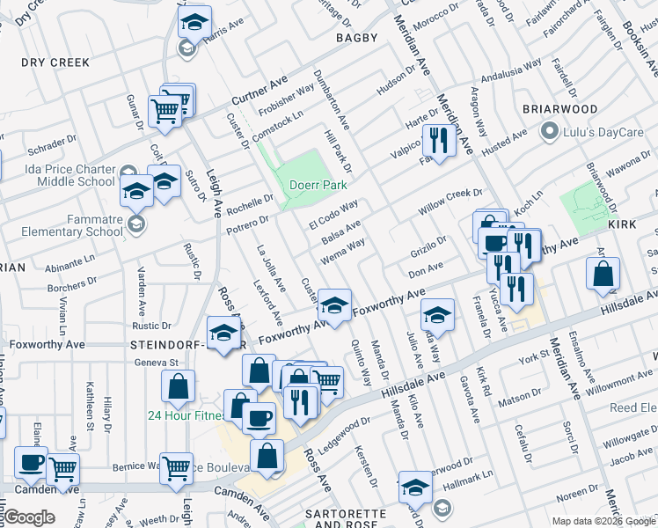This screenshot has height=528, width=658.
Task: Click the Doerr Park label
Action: tap(319, 186)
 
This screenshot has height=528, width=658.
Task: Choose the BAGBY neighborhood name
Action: tap(355, 38)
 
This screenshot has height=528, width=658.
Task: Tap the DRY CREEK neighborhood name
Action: tap(55, 62)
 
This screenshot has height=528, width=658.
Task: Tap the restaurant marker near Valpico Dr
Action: tap(437, 139)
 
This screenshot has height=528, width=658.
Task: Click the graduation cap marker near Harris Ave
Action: tap(194, 23)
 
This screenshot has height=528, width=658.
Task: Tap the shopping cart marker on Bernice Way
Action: tap(177, 469)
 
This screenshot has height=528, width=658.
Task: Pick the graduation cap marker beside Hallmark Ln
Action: tap(415, 487)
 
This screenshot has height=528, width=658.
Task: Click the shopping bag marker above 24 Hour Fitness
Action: tap(178, 385)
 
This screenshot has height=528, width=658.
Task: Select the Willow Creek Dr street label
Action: tap(451, 201)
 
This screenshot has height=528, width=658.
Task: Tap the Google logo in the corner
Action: tap(29, 517)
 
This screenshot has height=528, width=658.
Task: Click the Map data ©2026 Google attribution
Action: tap(603, 521)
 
